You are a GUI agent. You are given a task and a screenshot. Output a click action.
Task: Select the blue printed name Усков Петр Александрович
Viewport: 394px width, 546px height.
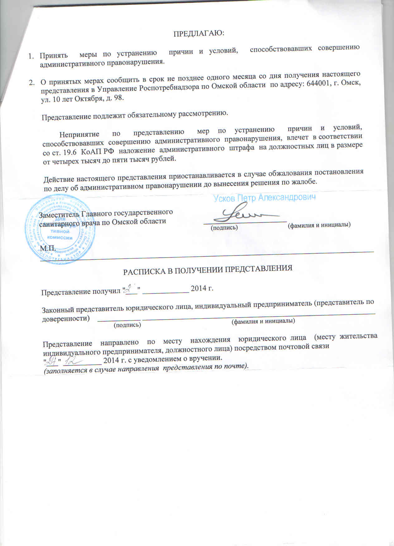265,198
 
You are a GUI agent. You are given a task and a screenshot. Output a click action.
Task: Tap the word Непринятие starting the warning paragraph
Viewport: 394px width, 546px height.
79,135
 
